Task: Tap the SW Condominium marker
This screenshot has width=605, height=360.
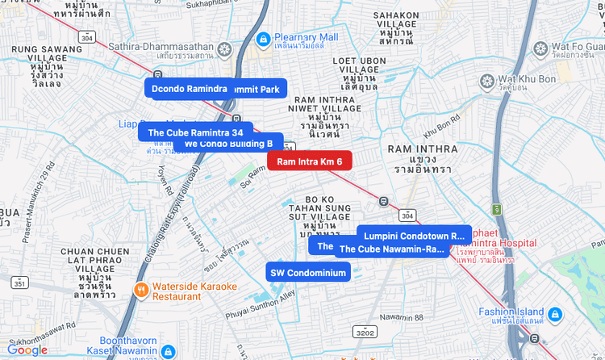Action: tap(308, 273)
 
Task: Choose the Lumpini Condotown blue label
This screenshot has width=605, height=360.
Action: tap(415, 235)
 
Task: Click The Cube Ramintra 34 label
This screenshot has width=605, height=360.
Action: tap(195, 132)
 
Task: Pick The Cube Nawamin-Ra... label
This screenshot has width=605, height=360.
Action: tap(392, 249)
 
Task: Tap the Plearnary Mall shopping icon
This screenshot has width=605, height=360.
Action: tap(263, 38)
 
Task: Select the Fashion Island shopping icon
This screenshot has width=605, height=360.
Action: tap(555, 313)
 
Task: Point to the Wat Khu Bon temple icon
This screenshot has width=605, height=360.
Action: tap(486, 81)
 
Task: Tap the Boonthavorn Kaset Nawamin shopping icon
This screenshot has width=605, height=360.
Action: tap(168, 352)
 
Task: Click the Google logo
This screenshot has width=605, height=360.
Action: tap(27, 350)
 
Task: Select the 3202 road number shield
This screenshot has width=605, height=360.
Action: tap(365, 332)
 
